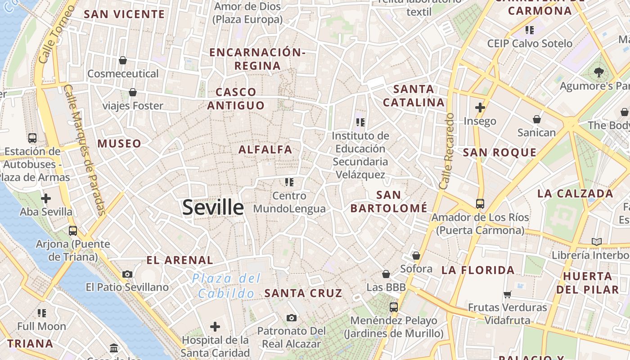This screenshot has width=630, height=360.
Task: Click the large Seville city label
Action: click(x=213, y=207)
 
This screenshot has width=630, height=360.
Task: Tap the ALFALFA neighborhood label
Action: click(x=265, y=149)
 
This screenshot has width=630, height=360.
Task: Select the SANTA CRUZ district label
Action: click(x=303, y=293)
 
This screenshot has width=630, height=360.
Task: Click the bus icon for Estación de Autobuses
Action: click(x=32, y=138)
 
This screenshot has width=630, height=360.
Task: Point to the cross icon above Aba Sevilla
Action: click(x=46, y=198)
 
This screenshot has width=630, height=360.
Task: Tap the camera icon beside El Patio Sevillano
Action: click(x=127, y=274)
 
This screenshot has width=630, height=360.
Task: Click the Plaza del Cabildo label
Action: click(x=226, y=286)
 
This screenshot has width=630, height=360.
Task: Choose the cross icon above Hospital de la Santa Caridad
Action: click(x=215, y=326)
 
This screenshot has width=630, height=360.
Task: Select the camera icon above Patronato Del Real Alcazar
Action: click(x=291, y=318)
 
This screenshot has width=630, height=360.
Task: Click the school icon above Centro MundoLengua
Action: click(x=289, y=182)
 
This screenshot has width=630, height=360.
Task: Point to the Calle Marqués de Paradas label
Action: click(x=85, y=150)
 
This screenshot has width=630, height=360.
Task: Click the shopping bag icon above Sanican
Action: click(x=536, y=119)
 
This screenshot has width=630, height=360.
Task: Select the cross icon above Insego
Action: click(x=480, y=108)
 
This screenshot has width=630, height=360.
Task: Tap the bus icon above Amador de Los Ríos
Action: click(x=480, y=204)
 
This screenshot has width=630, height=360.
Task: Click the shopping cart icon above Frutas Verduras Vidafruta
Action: click(x=508, y=295)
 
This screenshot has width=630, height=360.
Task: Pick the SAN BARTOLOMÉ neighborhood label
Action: click(x=389, y=202)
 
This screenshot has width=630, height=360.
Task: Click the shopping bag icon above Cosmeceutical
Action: click(x=123, y=60)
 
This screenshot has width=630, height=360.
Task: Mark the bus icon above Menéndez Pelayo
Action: click(x=394, y=307)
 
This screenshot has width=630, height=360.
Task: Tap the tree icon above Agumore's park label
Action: click(x=598, y=72)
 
